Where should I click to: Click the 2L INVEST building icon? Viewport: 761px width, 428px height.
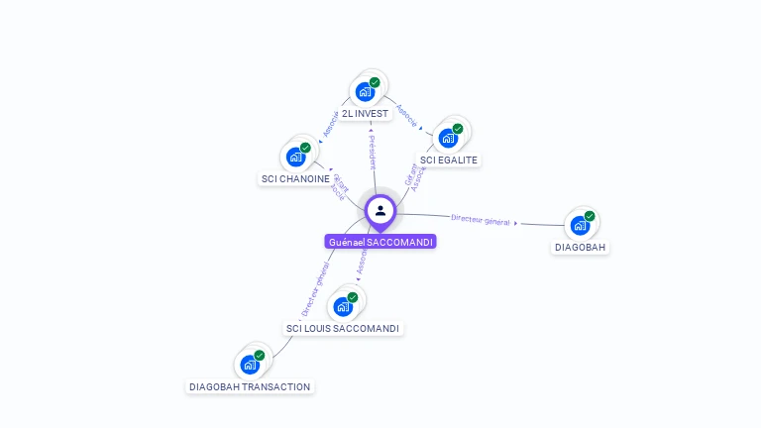tap(365, 92)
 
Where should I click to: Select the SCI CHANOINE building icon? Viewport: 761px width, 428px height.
tap(295, 157)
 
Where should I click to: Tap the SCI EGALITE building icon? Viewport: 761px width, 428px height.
tap(448, 138)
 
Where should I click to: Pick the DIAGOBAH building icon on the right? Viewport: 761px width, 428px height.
tap(580, 225)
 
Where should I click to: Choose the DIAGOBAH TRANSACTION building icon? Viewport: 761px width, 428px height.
tap(250, 364)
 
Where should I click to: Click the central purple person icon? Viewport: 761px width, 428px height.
tap(380, 211)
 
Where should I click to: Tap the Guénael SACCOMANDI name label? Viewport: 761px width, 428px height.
tap(380, 242)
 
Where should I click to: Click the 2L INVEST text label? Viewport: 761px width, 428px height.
tap(365, 114)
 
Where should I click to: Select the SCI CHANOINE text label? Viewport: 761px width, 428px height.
tap(295, 179)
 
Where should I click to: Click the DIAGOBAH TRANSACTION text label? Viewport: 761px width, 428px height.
tap(250, 386)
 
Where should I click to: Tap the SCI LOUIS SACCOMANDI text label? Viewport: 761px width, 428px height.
tap(343, 328)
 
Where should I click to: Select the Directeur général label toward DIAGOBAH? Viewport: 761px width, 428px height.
tap(481, 220)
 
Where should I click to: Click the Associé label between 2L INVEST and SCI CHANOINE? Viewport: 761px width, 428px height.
tap(331, 122)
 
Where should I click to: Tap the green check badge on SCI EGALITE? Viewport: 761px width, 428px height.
tap(458, 129)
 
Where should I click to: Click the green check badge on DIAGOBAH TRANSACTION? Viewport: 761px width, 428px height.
tap(260, 355)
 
